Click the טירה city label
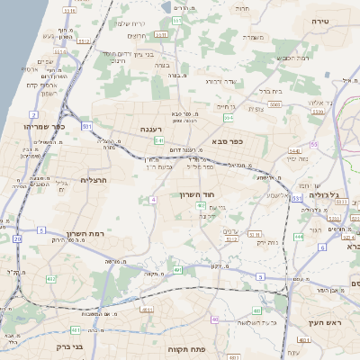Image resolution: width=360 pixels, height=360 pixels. [x=321, y=21]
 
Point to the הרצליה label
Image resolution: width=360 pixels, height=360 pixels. [x=93, y=180]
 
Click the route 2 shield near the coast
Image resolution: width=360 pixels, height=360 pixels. [x=33, y=115]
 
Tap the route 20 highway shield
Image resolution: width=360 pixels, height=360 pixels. [x=17, y=238]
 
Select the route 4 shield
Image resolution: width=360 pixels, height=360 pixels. [x=154, y=199]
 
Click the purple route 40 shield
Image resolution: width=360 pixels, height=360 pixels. [x=214, y=319]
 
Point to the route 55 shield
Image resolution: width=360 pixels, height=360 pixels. [x=313, y=144]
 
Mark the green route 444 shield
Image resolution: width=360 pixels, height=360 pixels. [x=298, y=238]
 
